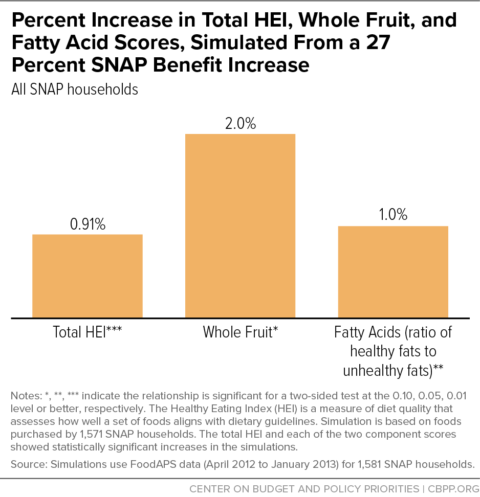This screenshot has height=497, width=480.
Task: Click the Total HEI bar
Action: pyautogui.click(x=87, y=276)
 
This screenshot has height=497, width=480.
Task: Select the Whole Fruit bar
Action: pyautogui.click(x=240, y=225)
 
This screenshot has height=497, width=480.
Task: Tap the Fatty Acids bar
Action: pyautogui.click(x=393, y=272)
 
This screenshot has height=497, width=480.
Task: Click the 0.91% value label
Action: pyautogui.click(x=88, y=224)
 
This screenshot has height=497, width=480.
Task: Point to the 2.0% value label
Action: pyautogui.click(x=241, y=123)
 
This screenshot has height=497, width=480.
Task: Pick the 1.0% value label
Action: pyautogui.click(x=393, y=215)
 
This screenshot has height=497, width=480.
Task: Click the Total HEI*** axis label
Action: pyautogui.click(x=87, y=332)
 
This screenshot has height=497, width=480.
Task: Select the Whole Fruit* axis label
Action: pyautogui.click(x=240, y=332)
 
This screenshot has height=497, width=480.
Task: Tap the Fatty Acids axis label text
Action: pyautogui.click(x=393, y=351)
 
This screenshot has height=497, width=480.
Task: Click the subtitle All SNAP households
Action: pyautogui.click(x=75, y=89)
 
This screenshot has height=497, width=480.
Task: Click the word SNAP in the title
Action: pyautogui.click(x=119, y=65)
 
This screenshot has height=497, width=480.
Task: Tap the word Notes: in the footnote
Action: pyautogui.click(x=26, y=396)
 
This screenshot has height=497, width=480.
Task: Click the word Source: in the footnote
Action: pyautogui.click(x=29, y=464)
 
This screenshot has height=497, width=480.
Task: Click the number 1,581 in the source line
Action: pyautogui.click(x=369, y=464)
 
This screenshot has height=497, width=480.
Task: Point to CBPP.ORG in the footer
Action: pyautogui.click(x=453, y=488)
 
